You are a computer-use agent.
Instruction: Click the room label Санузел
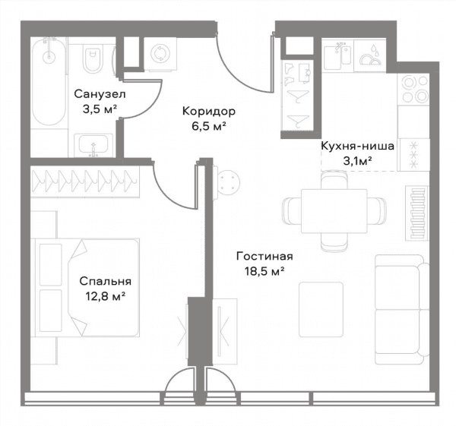(100, 94)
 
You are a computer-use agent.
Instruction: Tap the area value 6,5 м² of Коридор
(209, 126)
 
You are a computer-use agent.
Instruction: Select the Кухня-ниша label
(357, 146)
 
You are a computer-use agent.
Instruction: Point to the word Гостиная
(264, 257)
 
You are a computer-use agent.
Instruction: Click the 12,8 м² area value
(106, 296)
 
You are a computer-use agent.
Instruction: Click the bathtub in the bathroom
(49, 82)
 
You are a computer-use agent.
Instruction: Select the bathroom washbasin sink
(93, 145)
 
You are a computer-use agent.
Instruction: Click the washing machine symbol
(160, 54)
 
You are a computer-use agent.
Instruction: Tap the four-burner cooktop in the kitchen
(413, 88)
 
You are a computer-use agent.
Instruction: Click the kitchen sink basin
(338, 55)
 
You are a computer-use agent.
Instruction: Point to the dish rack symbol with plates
(370, 55)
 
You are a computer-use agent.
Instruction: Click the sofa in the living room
(402, 310)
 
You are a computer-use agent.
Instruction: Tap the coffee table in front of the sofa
(321, 310)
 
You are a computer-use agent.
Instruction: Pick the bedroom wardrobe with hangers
(85, 181)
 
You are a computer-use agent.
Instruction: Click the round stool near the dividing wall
(228, 183)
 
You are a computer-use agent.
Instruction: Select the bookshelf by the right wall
(417, 213)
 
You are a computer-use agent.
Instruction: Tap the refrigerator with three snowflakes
(413, 154)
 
